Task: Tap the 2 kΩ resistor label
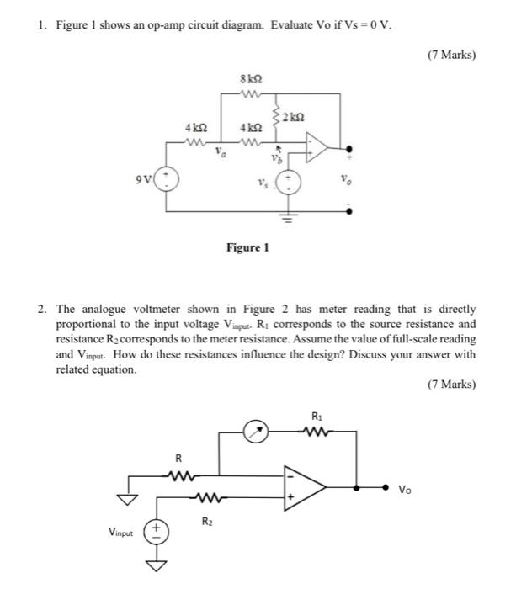293,114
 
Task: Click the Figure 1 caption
247,247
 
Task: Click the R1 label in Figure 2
317,416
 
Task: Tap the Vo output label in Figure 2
405,488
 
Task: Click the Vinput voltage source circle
157,531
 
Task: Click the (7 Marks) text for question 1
450,56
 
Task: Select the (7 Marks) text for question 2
450,385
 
